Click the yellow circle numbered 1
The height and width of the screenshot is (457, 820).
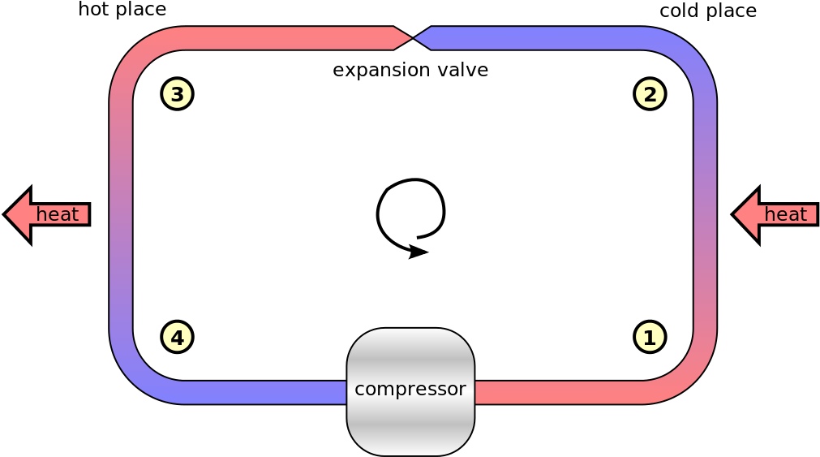(650, 337)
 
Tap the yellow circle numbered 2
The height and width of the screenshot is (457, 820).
(650, 94)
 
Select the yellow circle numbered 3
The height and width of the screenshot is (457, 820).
(177, 94)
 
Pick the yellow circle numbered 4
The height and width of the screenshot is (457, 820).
(177, 337)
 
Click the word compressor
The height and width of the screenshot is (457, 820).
(410, 389)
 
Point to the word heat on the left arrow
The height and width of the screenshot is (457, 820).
(58, 215)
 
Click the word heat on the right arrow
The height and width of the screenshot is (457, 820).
(786, 215)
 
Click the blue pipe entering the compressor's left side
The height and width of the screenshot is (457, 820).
(268, 393)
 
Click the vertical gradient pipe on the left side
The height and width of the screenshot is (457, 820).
(121, 215)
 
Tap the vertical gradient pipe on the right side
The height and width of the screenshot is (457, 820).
(705, 215)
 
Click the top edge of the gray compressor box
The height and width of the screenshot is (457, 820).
(410, 330)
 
